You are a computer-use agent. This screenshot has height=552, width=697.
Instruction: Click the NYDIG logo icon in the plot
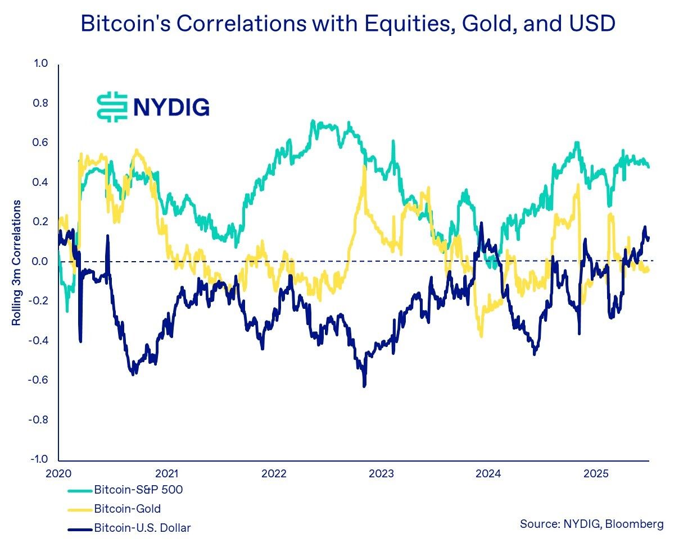[x=112, y=107]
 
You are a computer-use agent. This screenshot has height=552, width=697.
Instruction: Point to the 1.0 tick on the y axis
[x=41, y=63]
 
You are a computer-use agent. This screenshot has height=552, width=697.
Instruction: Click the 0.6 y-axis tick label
[x=41, y=143]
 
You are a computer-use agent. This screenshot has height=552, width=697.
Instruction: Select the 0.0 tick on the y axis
[x=41, y=262]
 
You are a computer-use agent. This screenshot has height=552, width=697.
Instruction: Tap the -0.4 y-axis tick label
[x=39, y=341]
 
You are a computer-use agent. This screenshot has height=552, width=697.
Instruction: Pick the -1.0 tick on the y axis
[x=39, y=459]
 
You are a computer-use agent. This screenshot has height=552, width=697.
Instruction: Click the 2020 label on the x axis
[x=59, y=474]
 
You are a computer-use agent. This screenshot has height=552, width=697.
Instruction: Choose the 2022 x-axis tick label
[x=274, y=474]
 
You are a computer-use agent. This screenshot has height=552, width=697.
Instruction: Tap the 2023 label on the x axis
[x=381, y=474]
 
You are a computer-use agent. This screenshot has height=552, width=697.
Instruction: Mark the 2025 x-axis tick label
[x=596, y=474]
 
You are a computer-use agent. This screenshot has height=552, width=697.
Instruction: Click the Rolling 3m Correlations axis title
[x=17, y=262]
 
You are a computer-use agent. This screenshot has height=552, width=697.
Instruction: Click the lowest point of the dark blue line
[x=364, y=386]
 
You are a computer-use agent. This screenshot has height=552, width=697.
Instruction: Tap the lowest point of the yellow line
[x=481, y=336]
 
